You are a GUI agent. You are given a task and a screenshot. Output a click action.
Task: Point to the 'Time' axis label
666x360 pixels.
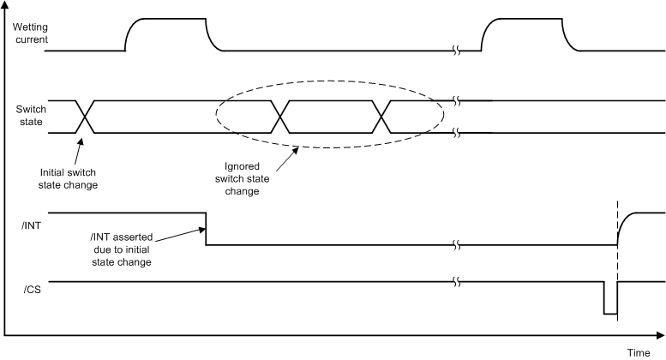637,352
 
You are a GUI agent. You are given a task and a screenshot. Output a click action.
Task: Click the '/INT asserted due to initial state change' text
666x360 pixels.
120,249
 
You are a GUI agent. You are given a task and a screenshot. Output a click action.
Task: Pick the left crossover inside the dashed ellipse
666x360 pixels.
279,117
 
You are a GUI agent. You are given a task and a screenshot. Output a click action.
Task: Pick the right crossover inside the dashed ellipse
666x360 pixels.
386,117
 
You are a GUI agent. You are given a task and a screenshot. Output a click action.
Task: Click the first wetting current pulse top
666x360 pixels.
167,19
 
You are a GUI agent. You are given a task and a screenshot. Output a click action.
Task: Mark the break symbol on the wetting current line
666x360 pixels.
457,51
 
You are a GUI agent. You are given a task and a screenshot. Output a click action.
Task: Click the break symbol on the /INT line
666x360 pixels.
457,245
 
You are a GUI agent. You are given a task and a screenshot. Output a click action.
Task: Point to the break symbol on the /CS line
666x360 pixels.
457,281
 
